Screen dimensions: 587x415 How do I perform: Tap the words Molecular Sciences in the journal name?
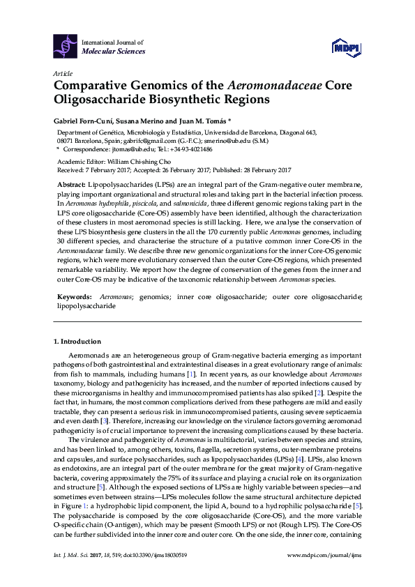tap(114, 52)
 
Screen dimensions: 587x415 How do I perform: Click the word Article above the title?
tap(61, 73)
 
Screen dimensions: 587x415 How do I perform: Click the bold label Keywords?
tap(73, 296)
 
